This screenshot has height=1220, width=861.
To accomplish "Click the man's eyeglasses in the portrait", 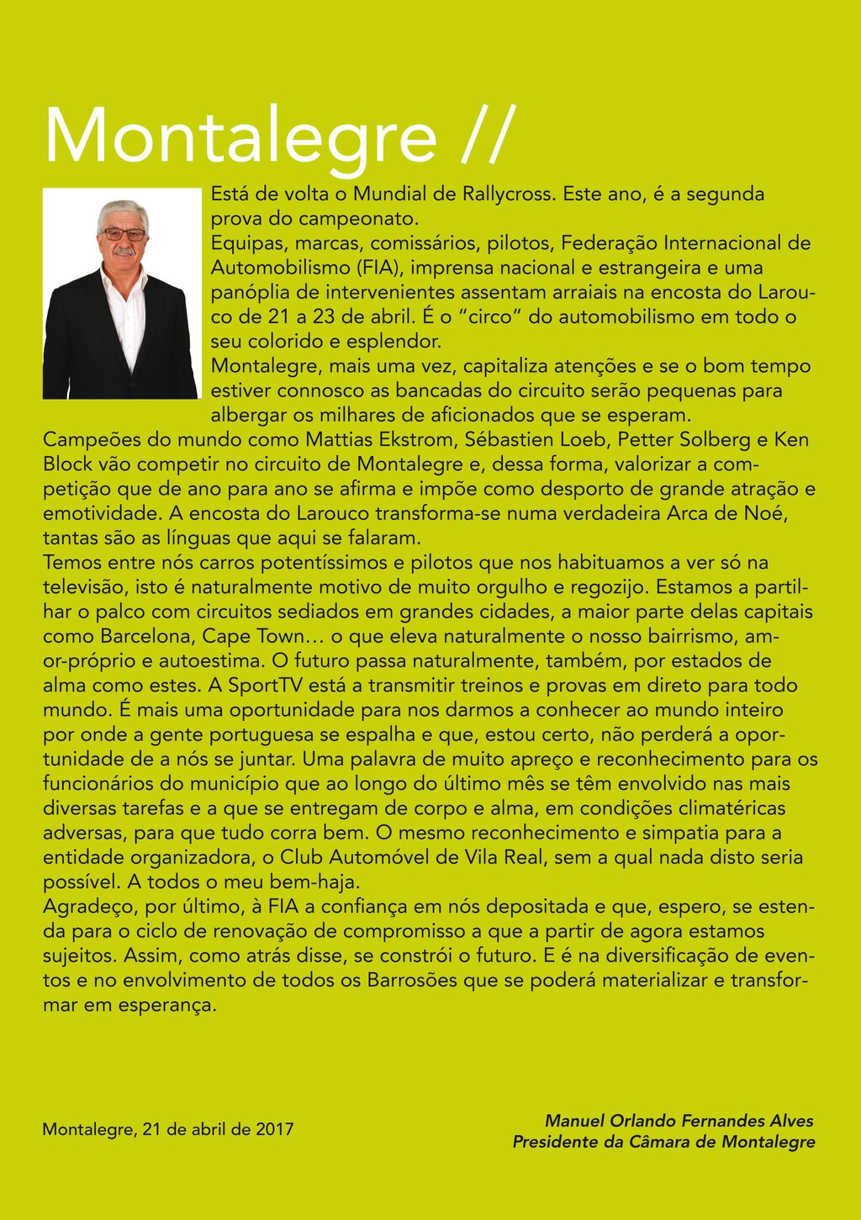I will [x=124, y=234].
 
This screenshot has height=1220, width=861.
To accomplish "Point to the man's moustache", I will [x=124, y=252].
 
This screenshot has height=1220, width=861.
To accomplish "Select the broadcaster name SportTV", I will [x=267, y=686].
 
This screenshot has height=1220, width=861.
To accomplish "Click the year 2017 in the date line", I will [x=274, y=1129].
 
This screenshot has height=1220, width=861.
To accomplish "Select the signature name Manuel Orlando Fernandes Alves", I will [x=679, y=1121].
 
